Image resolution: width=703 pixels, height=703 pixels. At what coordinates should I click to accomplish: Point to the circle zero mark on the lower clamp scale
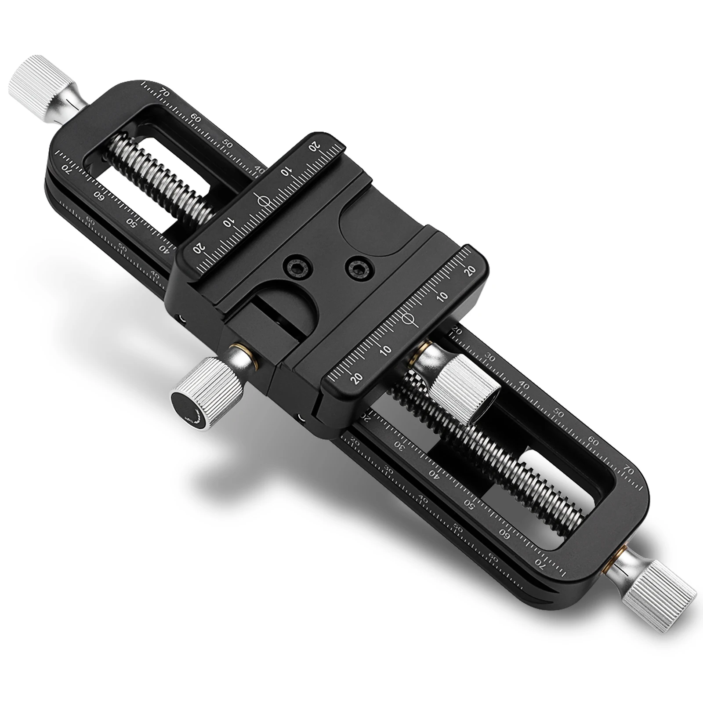408,319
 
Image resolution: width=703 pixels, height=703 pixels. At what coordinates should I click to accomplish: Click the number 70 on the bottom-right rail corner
629,471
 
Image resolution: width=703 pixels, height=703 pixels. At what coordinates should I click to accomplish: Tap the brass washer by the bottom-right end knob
616,554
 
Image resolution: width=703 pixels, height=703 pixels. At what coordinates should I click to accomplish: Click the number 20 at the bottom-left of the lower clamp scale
356,377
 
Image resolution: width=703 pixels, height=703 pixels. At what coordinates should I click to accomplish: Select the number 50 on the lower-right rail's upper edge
559,413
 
